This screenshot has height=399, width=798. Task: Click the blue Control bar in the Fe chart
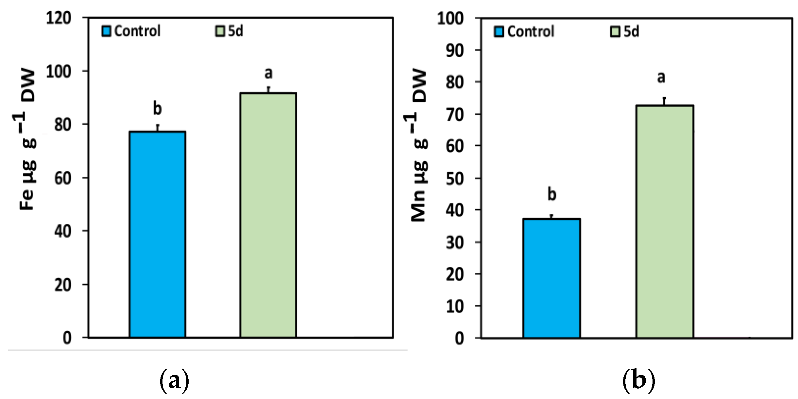(x=158, y=234)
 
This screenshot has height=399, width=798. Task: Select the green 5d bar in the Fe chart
(x=268, y=215)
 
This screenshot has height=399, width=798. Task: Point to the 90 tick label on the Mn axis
(x=455, y=51)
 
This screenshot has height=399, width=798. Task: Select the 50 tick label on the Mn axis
(x=455, y=179)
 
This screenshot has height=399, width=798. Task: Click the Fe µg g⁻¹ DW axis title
(x=27, y=140)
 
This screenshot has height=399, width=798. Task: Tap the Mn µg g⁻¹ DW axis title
(x=418, y=145)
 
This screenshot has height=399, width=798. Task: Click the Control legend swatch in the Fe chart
(x=106, y=31)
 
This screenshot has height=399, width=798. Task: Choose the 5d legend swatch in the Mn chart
(x=615, y=32)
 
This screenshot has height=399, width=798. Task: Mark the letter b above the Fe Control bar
(x=157, y=108)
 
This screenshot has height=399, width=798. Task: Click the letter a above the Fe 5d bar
(x=268, y=73)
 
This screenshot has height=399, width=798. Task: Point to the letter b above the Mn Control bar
(x=552, y=194)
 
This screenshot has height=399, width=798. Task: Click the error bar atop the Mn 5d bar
(x=664, y=101)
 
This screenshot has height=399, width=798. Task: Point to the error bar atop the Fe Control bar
(x=158, y=128)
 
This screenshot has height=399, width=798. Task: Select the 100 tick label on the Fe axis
(x=59, y=72)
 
